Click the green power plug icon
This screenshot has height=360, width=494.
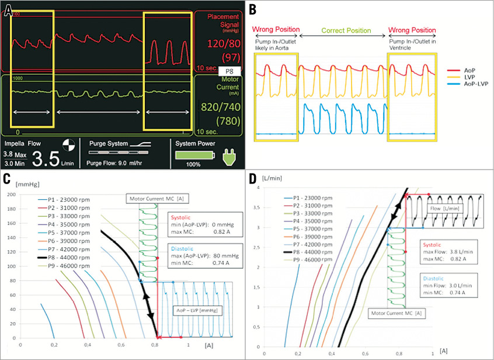(x=227, y=155)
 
